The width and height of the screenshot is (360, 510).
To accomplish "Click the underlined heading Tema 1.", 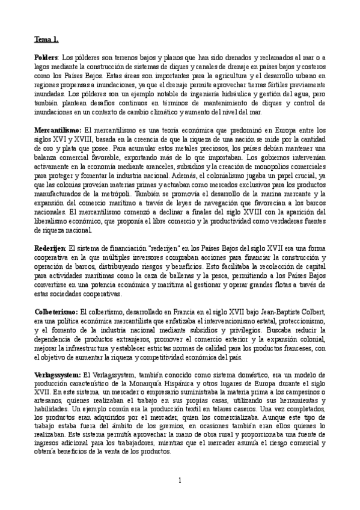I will click(x=46, y=40).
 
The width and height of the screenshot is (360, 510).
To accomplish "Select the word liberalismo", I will click(x=53, y=222).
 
